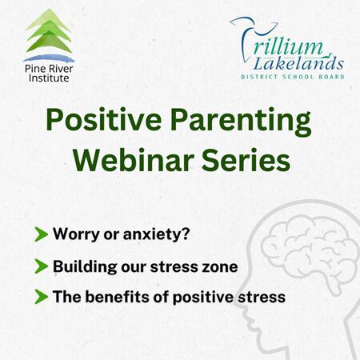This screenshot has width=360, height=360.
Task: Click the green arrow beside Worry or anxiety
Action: coord(41,235)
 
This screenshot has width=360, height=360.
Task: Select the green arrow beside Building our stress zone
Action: coord(41,266)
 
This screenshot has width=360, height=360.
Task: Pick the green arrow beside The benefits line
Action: coord(41,297)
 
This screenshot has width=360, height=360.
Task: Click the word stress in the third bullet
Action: coord(262,297)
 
